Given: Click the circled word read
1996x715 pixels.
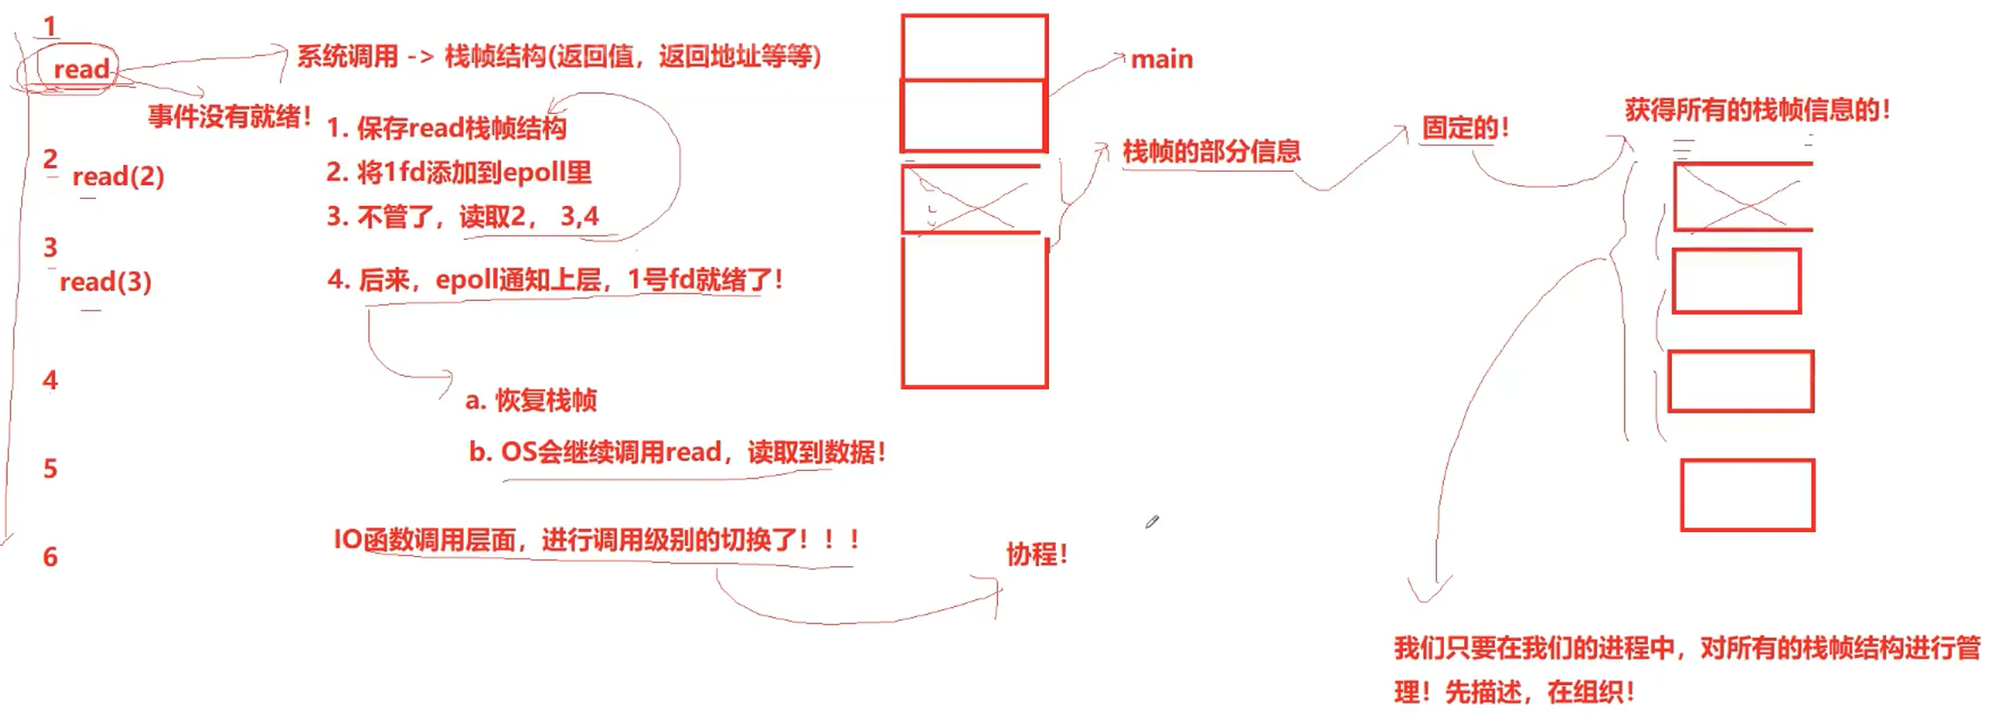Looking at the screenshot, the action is pyautogui.click(x=81, y=69).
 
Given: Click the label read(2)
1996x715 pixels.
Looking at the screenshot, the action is pyautogui.click(x=117, y=176).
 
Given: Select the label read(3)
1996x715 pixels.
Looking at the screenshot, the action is pyautogui.click(x=106, y=281).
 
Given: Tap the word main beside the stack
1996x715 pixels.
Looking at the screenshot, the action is pyautogui.click(x=1161, y=60).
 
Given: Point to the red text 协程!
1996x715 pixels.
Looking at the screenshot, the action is pyautogui.click(x=1036, y=554).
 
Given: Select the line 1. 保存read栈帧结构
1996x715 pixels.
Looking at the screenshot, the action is pyautogui.click(x=447, y=128).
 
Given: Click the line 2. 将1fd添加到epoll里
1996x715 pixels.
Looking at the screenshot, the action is pyautogui.click(x=459, y=173).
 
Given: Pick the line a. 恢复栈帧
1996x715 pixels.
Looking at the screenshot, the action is pyautogui.click(x=531, y=400).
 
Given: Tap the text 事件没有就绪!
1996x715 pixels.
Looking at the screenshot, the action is pyautogui.click(x=230, y=116).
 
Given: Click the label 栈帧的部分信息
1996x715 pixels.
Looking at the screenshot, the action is pyautogui.click(x=1212, y=151).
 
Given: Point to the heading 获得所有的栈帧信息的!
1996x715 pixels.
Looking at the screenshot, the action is pyautogui.click(x=1757, y=110).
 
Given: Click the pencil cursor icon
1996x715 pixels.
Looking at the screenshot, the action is pyautogui.click(x=1152, y=522).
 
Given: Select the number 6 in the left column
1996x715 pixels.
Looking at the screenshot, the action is pyautogui.click(x=50, y=557).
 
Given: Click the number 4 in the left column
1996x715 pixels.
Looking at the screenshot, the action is pyautogui.click(x=50, y=380).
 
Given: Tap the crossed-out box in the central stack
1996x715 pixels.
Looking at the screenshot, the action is pyautogui.click(x=972, y=200).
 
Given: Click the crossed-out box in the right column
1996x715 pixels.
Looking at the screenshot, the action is pyautogui.click(x=1742, y=197).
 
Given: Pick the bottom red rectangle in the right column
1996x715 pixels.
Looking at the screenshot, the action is pyautogui.click(x=1747, y=495).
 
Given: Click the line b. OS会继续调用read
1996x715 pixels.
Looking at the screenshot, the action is pyautogui.click(x=676, y=451).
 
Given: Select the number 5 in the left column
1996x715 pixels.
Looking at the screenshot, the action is pyautogui.click(x=50, y=468).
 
